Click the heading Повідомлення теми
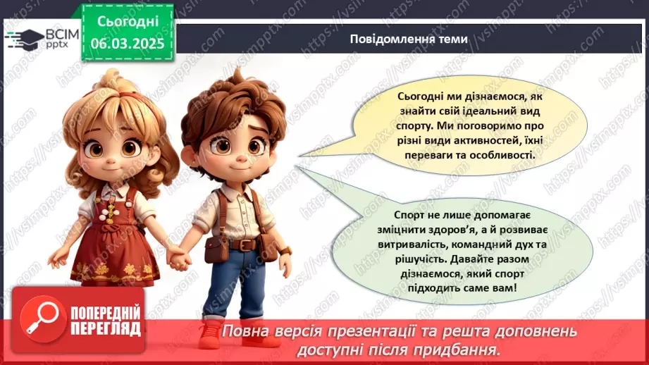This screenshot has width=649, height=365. [408, 39]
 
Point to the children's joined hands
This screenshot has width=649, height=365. [180, 260]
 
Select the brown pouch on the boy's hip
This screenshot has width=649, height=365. [216, 247]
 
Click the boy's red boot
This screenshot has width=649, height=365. [211, 334]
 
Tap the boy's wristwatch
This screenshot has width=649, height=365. [285, 250]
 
